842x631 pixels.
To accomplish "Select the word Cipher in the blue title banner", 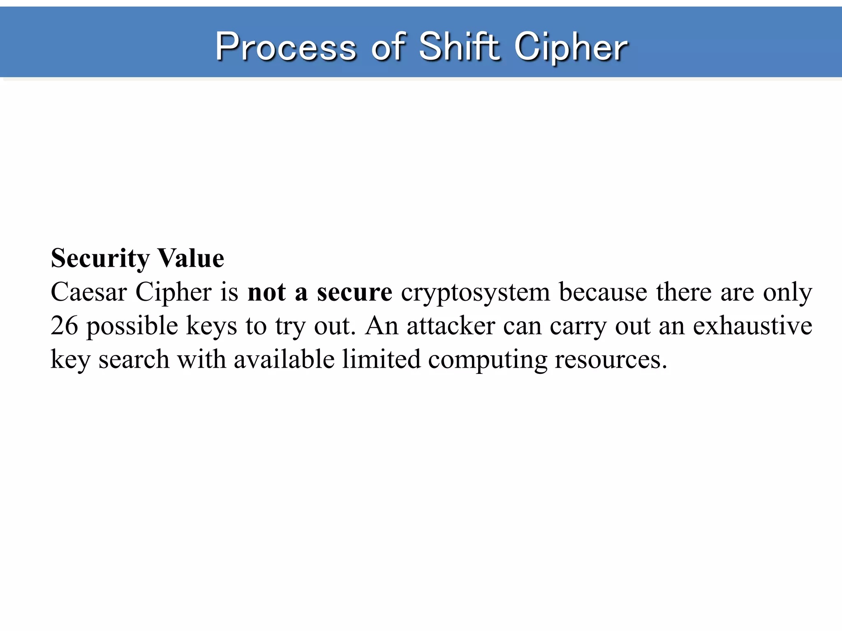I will (x=571, y=48).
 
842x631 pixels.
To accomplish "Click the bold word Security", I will (x=100, y=259).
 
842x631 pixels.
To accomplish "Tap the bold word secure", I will (x=354, y=292).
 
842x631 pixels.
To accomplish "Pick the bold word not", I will (x=266, y=292).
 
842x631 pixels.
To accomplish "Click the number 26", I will (x=65, y=326).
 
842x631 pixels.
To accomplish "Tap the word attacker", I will (x=451, y=326).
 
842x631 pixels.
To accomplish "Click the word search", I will (x=134, y=359).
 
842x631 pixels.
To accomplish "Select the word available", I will (x=284, y=359).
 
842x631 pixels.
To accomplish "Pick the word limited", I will (x=382, y=359).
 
